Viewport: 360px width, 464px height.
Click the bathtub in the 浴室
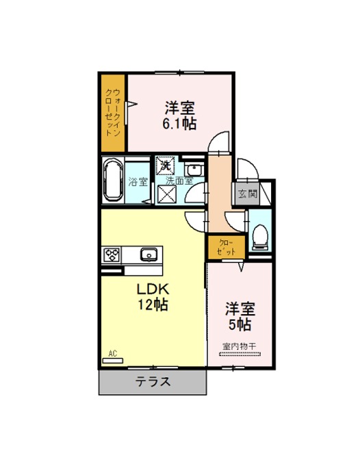click(113, 180)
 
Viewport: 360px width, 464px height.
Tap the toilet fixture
click(260, 236)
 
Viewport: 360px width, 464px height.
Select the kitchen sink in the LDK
click(149, 254)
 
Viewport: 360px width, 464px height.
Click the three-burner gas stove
click(112, 255)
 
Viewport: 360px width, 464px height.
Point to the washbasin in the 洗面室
click(194, 170)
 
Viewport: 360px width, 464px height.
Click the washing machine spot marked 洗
click(165, 166)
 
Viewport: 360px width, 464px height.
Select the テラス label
click(153, 381)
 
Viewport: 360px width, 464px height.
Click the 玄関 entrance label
click(248, 194)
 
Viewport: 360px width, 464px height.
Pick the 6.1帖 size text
click(179, 124)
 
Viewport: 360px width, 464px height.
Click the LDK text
click(153, 289)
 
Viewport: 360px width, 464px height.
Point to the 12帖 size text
click(153, 305)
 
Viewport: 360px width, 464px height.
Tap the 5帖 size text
click(240, 324)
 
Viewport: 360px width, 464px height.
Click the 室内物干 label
click(240, 346)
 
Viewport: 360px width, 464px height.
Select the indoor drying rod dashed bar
click(240, 354)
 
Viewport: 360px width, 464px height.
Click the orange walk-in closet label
click(113, 112)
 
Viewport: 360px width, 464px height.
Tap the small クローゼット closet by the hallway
click(227, 247)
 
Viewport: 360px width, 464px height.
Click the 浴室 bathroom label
click(138, 181)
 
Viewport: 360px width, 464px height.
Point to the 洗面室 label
click(179, 181)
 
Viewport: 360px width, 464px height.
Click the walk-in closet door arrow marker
click(131, 104)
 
